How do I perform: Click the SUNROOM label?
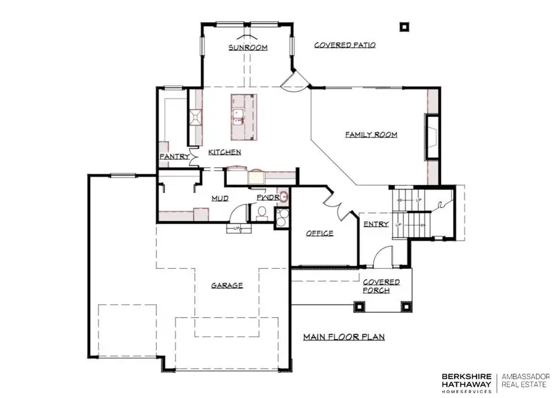pyautogui.click(x=248, y=47)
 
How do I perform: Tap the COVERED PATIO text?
pyautogui.click(x=344, y=45)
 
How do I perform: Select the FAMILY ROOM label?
pyautogui.click(x=371, y=134)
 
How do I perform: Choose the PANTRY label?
pyautogui.click(x=174, y=157)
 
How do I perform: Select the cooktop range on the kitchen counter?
pyautogui.click(x=196, y=117)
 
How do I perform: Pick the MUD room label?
pyautogui.click(x=203, y=198)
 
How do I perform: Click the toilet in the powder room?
pyautogui.click(x=261, y=212)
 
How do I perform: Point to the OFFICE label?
pyautogui.click(x=320, y=233)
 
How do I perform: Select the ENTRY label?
pyautogui.click(x=376, y=224)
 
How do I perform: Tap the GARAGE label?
pyautogui.click(x=227, y=285)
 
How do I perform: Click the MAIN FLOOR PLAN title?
pyautogui.click(x=344, y=337)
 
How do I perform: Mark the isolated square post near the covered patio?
pyautogui.click(x=403, y=26)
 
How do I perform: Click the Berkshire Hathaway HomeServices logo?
pyautogui.click(x=467, y=382)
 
